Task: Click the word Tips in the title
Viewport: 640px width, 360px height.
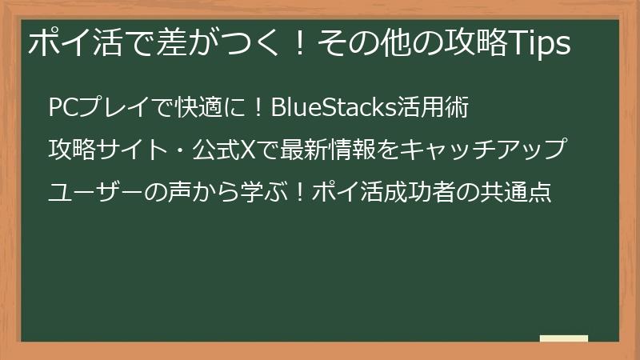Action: coord(541,45)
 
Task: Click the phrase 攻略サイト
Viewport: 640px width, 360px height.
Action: coord(102,150)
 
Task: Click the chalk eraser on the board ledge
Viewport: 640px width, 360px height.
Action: coord(564,338)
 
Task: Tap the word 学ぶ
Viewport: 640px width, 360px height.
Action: coord(257,193)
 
